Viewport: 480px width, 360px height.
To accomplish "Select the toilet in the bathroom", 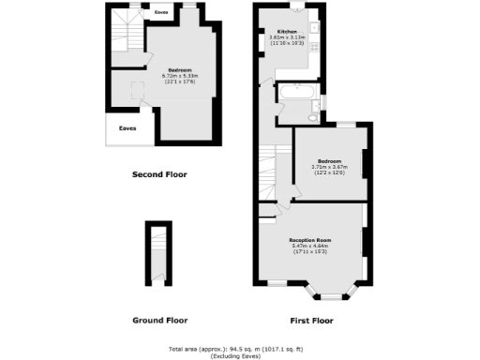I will [x=312, y=117].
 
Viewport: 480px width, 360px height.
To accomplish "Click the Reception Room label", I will [x=309, y=240].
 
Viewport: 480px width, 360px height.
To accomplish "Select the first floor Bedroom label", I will [x=328, y=160].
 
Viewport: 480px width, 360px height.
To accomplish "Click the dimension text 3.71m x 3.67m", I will [x=328, y=167].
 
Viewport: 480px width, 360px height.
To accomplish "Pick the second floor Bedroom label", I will [x=181, y=69].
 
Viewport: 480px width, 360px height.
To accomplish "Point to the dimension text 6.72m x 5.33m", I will [x=181, y=76].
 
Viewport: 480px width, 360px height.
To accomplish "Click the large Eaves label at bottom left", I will [x=127, y=128].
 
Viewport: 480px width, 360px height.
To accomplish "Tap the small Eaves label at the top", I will [x=160, y=13].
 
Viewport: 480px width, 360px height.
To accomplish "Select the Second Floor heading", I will [x=159, y=174].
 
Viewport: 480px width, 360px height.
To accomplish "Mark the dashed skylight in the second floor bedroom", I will [x=138, y=89].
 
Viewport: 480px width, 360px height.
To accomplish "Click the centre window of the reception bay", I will [x=332, y=296].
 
